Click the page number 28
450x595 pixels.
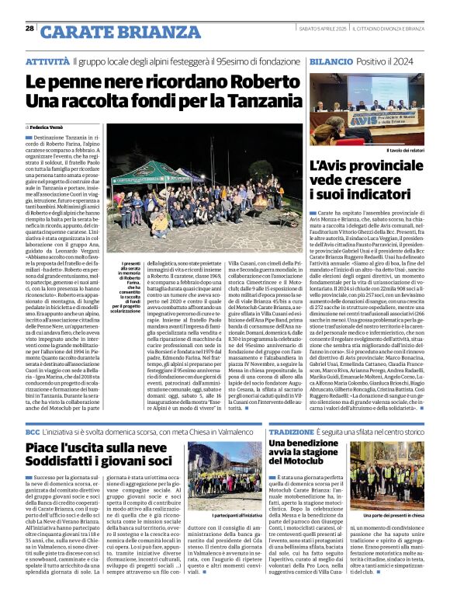pos(29,28)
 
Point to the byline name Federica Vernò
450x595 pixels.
pos(50,126)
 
